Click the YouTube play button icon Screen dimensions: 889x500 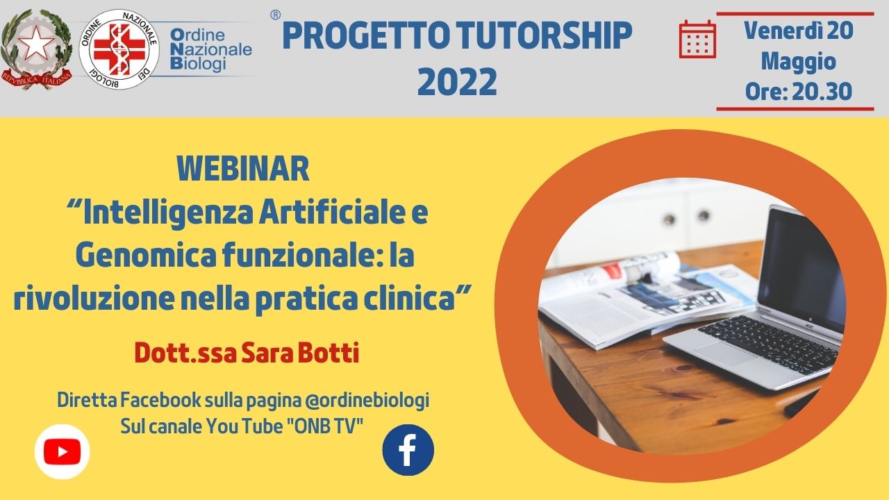[63, 451]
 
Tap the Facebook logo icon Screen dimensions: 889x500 [408, 450]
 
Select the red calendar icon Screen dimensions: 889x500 [697, 40]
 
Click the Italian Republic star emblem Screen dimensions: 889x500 [37, 49]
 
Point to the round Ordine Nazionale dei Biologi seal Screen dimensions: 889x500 [119, 49]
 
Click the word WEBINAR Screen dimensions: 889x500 [243, 169]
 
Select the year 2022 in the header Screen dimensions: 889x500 [457, 82]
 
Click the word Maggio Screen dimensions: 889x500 [799, 62]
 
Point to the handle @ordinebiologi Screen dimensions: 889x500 [367, 401]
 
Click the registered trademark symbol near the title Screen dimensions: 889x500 [275, 15]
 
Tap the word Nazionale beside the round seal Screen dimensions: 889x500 [211, 49]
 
